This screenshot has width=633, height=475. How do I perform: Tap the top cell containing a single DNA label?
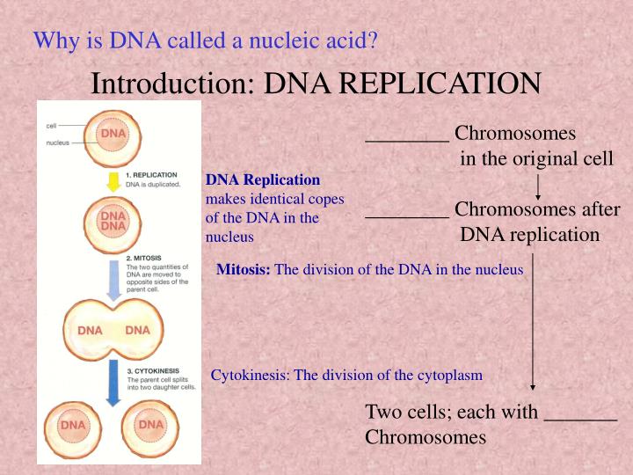point(113,135)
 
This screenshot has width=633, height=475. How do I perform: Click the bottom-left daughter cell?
point(73,426)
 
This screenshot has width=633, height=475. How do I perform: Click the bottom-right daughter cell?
point(150,426)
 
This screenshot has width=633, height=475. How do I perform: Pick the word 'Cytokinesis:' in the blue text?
point(251,376)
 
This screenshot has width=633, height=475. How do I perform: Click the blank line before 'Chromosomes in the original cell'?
point(407,137)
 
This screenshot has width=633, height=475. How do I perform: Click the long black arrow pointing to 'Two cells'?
point(533,325)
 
